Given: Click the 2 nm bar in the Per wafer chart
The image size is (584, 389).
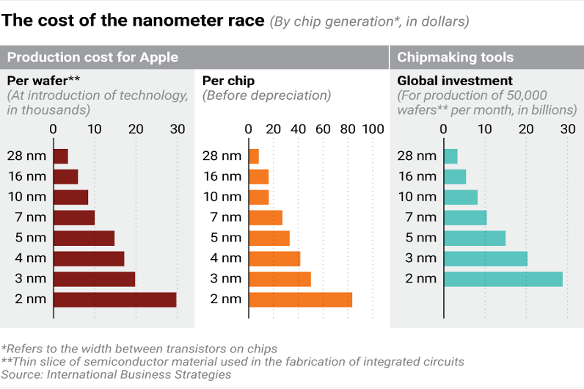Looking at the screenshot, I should tap(115, 299).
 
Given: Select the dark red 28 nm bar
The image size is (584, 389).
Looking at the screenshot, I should tap(61, 156).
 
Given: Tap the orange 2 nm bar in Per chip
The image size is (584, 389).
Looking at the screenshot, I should tap(301, 299).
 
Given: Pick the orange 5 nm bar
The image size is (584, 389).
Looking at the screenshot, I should tap(269, 238).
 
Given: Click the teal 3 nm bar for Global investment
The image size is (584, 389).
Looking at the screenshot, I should tap(486, 258).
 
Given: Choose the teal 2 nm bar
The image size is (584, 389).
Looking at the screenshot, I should tap(503, 279).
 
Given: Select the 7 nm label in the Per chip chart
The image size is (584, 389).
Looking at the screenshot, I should tap(225, 217).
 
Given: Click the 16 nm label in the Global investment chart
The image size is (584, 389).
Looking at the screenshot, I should tap(416, 176).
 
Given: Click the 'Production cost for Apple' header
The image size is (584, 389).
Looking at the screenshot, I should tap(92, 57).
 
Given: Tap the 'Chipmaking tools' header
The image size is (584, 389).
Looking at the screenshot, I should tap(455, 57).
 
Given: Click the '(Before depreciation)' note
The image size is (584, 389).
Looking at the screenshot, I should tap(267, 95).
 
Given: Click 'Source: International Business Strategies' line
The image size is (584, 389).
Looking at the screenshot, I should tap(116, 374).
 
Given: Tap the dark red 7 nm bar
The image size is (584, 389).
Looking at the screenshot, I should tap(74, 217).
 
